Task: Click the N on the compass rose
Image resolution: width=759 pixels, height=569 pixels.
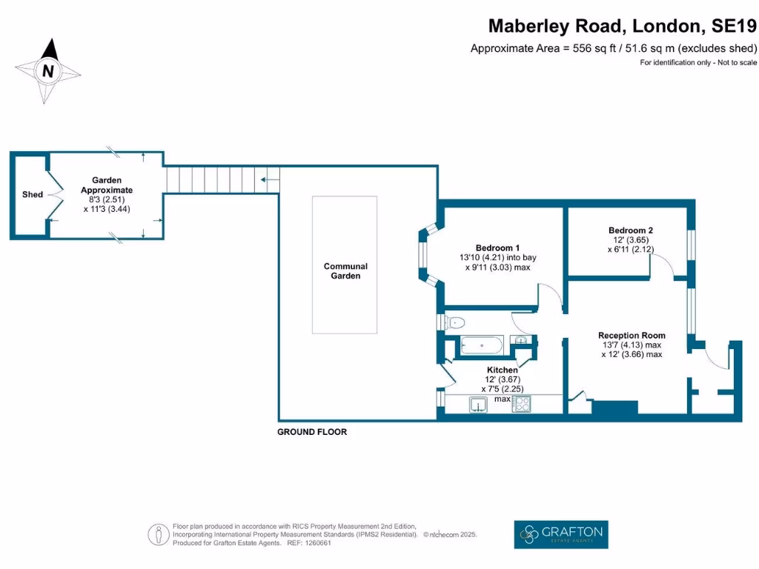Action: click(x=48, y=71)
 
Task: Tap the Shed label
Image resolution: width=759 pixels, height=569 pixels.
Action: click(x=32, y=195)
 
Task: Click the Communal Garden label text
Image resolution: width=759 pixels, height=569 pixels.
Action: click(x=345, y=271)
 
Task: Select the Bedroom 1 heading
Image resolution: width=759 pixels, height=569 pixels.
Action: click(x=497, y=247)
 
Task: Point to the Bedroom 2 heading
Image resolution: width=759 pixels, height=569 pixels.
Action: click(x=630, y=230)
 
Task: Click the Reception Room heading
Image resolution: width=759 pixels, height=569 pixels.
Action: click(x=632, y=335)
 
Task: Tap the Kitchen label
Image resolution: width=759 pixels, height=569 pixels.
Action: click(x=502, y=370)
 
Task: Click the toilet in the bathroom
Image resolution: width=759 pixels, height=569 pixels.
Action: click(x=454, y=322)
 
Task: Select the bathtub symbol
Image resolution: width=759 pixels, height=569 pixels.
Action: click(x=482, y=345)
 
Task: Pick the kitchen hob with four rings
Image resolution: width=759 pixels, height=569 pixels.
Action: click(x=521, y=404)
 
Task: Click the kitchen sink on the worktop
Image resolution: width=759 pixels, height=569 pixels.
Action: click(x=477, y=404)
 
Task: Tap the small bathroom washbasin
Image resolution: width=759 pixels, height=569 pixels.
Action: click(x=522, y=340)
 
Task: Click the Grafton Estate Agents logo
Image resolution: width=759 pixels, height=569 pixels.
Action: click(x=561, y=533)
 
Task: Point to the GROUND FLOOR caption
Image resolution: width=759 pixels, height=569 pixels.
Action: click(x=312, y=432)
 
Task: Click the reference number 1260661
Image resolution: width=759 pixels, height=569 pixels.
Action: click(x=317, y=543)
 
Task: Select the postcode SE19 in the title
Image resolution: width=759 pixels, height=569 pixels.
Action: click(x=734, y=27)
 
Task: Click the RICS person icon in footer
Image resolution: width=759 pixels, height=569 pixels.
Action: click(x=156, y=534)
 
